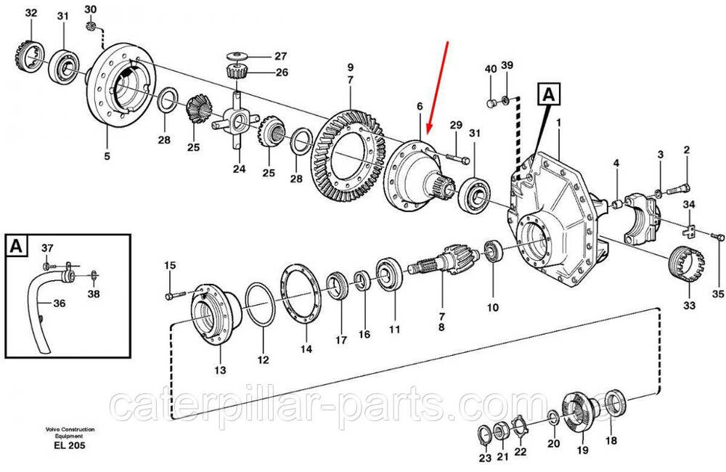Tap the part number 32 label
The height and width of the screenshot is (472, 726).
tap(30, 13)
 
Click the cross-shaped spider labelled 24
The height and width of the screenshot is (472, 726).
tap(236, 121)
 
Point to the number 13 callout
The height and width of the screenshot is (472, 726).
tap(220, 370)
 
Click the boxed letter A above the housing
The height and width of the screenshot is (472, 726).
tap(549, 94)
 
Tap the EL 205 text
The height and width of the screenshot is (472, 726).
tap(70, 446)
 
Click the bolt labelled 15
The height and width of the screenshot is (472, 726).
tap(174, 295)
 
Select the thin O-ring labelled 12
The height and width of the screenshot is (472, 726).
tap(260, 304)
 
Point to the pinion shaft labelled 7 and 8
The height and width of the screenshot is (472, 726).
tap(444, 261)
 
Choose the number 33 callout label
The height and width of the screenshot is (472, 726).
tap(690, 305)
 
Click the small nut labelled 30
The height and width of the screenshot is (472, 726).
tap(91, 26)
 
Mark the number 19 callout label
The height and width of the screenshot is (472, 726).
tap(582, 449)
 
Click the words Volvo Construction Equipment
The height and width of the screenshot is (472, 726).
tap(70, 433)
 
